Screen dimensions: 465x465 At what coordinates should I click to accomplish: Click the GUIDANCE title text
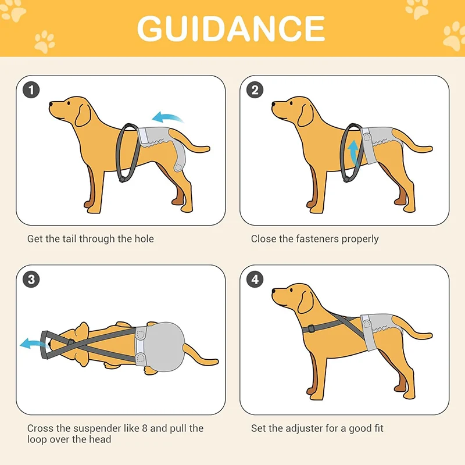(x=231, y=28)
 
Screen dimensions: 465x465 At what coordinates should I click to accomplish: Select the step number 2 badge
(x=255, y=90)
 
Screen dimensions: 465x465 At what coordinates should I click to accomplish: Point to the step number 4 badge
(x=255, y=280)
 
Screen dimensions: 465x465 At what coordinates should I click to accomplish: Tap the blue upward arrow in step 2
(x=352, y=153)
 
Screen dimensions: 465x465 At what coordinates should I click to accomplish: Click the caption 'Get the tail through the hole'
(x=91, y=239)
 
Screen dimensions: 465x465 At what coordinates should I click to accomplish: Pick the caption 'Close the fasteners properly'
(x=314, y=239)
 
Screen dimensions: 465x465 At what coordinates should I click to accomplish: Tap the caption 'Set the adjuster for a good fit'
(x=317, y=428)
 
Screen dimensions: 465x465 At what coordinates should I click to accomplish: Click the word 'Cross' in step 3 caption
(x=40, y=428)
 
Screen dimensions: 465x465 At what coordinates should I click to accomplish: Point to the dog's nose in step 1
(x=51, y=105)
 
